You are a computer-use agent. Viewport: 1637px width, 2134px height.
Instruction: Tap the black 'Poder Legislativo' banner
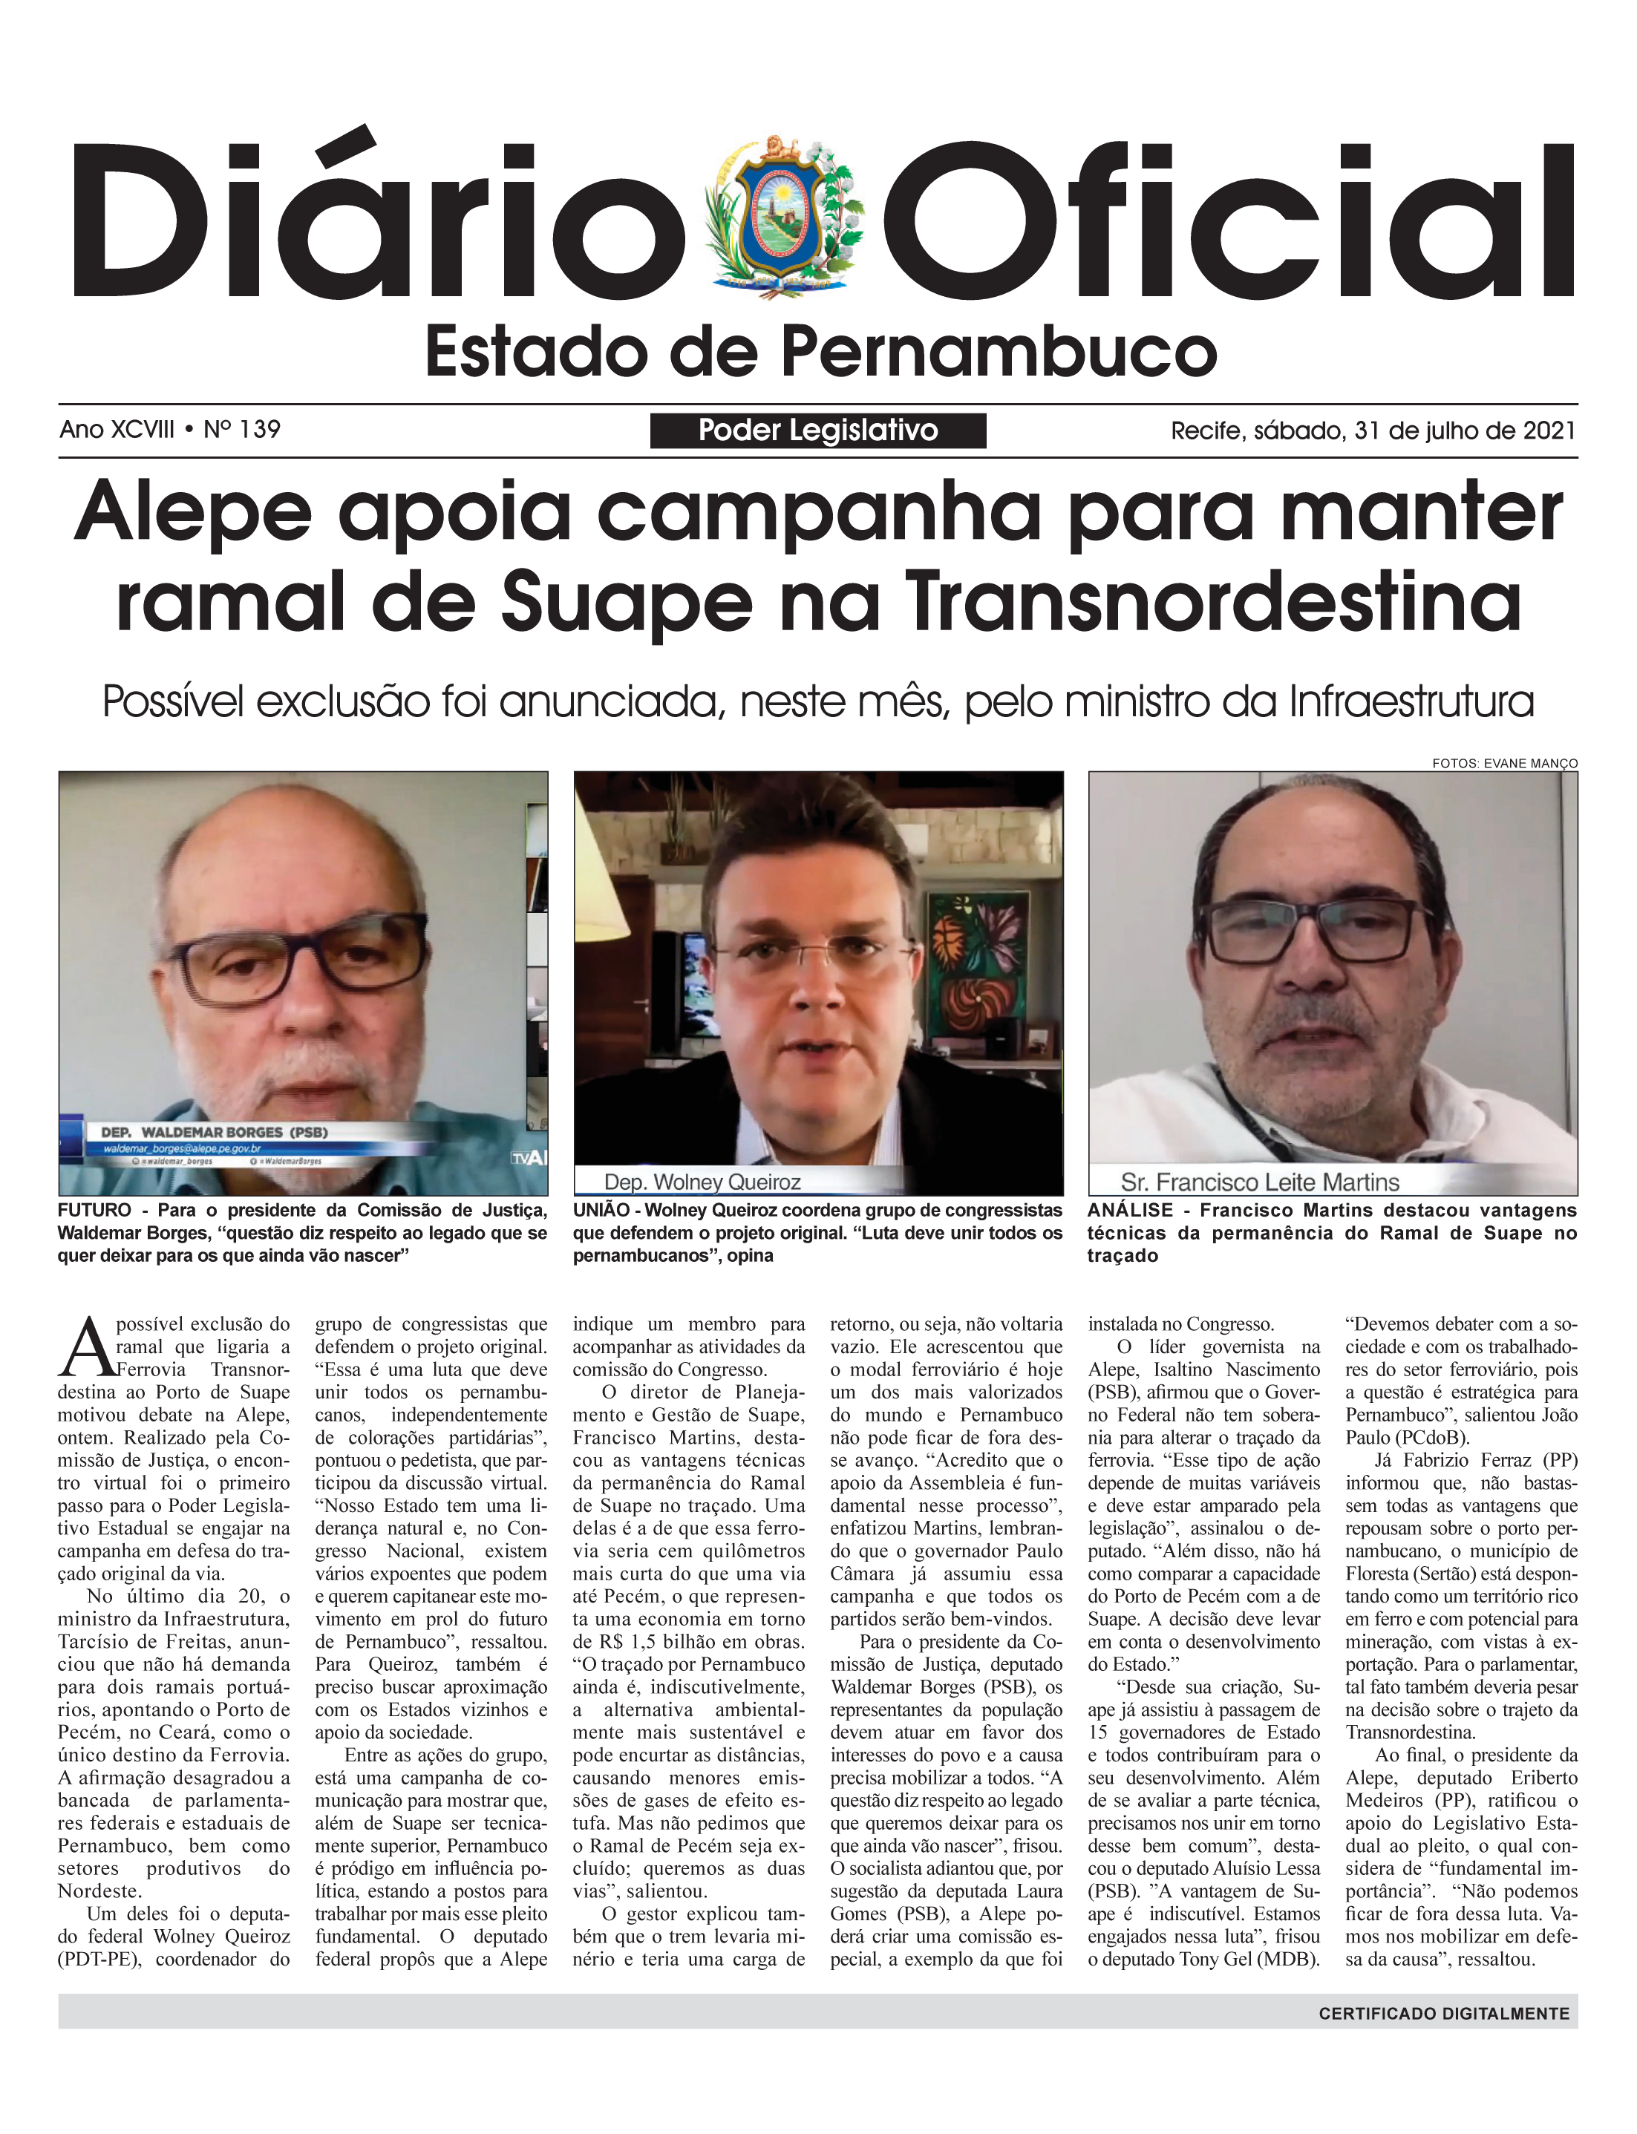pyautogui.click(x=817, y=431)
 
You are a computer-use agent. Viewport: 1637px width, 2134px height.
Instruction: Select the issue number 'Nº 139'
pyautogui.click(x=242, y=430)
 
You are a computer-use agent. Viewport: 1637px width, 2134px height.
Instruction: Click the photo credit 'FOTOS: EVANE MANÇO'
pyautogui.click(x=1503, y=764)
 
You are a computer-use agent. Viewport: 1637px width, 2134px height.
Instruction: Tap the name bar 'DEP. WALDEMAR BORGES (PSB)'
pyautogui.click(x=215, y=1133)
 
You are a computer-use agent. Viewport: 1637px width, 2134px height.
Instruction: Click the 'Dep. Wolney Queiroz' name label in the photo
pyautogui.click(x=702, y=1182)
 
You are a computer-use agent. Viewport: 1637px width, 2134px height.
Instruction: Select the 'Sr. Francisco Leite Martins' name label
pyautogui.click(x=1259, y=1182)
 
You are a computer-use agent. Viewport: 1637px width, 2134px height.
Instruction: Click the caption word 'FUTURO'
pyautogui.click(x=94, y=1211)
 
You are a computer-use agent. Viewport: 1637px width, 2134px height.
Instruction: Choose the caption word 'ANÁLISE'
pyautogui.click(x=1130, y=1211)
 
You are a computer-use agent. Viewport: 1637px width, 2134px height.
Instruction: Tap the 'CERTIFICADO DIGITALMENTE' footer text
pyautogui.click(x=1444, y=2013)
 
